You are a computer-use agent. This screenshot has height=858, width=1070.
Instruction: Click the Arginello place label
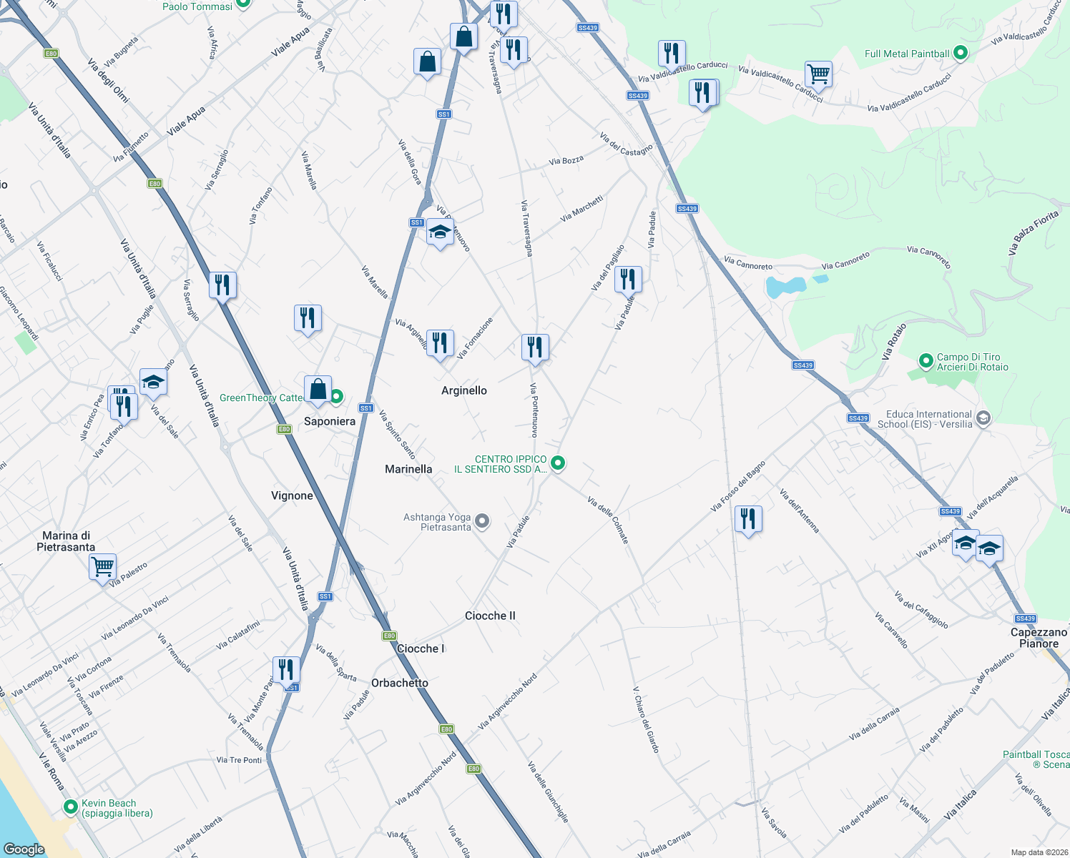click(x=463, y=390)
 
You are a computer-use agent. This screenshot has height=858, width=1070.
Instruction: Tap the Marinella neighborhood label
click(x=408, y=469)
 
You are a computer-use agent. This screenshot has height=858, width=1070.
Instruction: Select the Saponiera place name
click(x=329, y=421)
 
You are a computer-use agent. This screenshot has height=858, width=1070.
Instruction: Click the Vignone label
click(x=292, y=495)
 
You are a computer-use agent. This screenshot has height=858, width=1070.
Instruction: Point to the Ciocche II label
click(x=490, y=616)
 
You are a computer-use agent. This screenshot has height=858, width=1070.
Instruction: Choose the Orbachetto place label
click(x=399, y=683)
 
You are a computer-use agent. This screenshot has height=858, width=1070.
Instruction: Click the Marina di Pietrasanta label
click(x=66, y=541)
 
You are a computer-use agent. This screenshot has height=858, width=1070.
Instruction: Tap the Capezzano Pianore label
click(x=1039, y=638)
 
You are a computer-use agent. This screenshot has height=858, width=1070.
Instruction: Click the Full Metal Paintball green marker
click(x=961, y=53)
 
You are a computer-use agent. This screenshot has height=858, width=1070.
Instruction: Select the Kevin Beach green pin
click(x=71, y=807)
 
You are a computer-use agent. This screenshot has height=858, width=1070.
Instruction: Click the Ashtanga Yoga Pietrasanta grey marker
click(x=483, y=521)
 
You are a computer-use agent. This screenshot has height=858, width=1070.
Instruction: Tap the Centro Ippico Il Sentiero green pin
click(x=558, y=463)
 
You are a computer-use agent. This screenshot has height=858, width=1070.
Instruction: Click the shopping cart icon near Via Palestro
click(x=102, y=567)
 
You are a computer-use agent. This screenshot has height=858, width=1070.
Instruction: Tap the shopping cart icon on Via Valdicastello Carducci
click(x=818, y=74)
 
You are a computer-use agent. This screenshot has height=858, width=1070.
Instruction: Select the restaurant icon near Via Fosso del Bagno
click(x=748, y=518)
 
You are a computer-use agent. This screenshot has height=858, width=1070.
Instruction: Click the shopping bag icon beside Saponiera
click(x=318, y=390)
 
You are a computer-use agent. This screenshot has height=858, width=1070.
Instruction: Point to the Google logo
click(x=24, y=849)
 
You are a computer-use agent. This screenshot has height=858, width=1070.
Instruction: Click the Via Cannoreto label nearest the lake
click(x=748, y=263)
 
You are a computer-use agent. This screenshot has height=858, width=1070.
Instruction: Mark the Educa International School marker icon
click(x=983, y=418)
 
